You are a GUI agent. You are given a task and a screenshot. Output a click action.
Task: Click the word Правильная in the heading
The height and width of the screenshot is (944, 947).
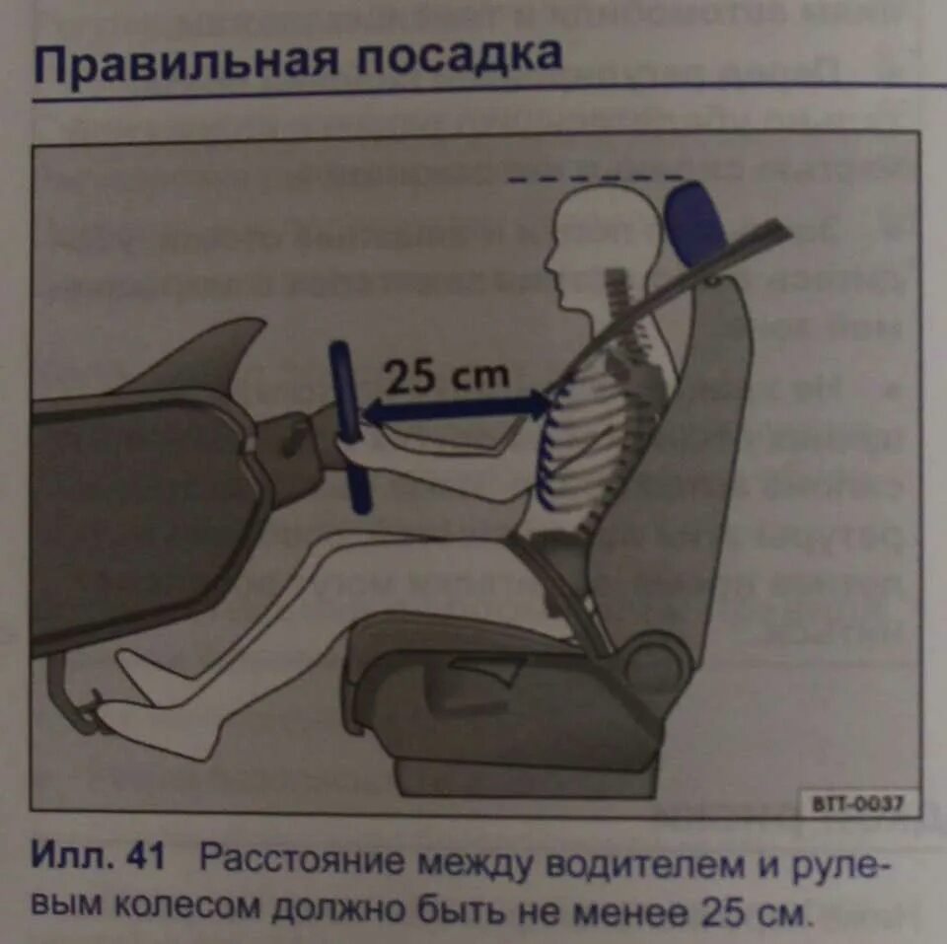pos(182,60)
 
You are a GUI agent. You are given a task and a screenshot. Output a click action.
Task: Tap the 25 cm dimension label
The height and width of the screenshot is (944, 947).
pos(448,375)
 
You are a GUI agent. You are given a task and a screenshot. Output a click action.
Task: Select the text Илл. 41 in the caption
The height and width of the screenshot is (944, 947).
pos(99,858)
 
